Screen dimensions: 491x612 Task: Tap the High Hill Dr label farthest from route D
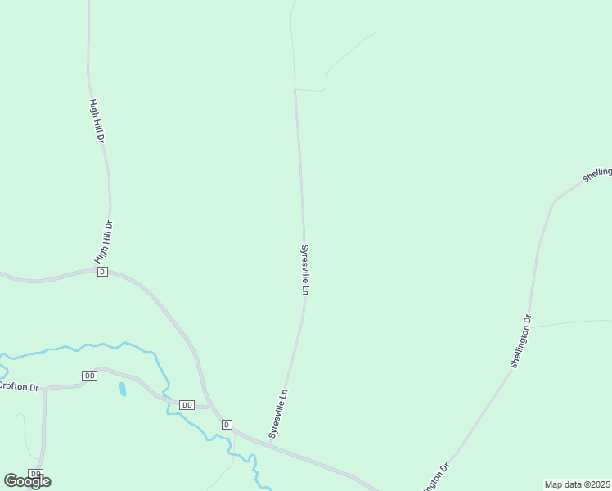[97, 121]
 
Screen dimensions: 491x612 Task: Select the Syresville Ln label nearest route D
[279, 413]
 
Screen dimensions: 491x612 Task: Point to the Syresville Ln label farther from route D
[305, 269]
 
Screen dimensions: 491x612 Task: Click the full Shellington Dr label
[521, 341]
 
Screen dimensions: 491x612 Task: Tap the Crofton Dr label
[18, 385]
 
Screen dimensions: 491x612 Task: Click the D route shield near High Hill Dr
[102, 271]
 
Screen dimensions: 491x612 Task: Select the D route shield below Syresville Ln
[227, 424]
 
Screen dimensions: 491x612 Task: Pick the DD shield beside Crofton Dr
[89, 375]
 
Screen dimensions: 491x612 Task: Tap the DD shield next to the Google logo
[35, 473]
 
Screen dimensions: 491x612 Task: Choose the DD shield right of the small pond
[187, 405]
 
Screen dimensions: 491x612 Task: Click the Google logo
[27, 481]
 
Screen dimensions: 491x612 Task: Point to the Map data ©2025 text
[578, 484]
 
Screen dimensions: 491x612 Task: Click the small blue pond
[123, 389]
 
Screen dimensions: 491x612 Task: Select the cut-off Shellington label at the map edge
[597, 173]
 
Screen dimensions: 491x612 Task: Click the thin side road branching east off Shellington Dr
[573, 322]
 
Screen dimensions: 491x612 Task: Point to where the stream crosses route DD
[167, 400]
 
